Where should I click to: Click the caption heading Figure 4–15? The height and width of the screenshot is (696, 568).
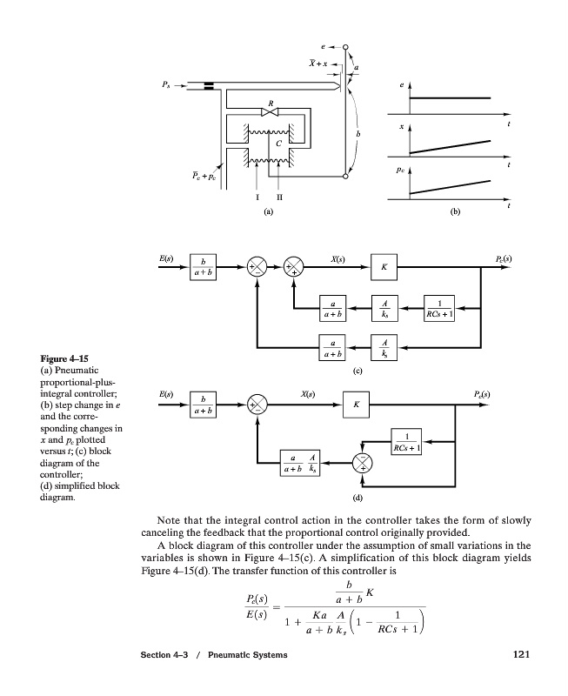(66, 358)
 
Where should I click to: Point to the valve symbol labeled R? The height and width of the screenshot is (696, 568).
(271, 112)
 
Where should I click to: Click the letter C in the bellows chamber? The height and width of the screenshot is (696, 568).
(278, 142)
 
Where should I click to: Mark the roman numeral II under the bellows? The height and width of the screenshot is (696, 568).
(279, 197)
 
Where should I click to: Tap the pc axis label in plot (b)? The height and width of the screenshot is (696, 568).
(399, 171)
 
